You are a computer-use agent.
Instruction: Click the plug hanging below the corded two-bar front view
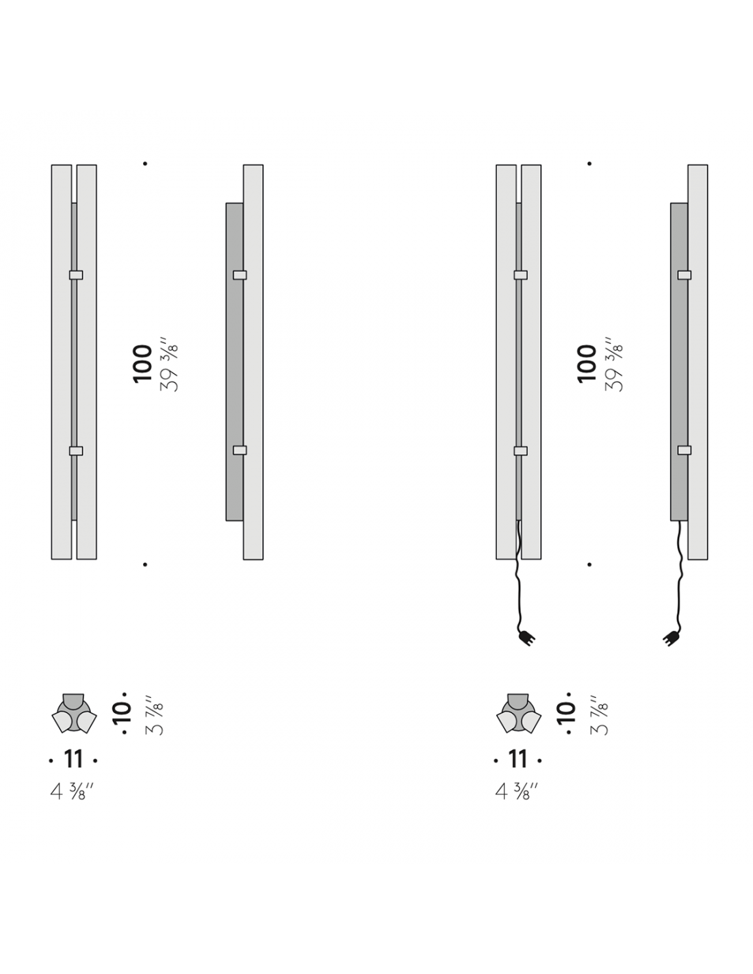[x=527, y=638]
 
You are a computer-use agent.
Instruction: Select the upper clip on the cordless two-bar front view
[x=76, y=275]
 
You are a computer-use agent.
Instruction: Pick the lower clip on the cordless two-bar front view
[x=76, y=451]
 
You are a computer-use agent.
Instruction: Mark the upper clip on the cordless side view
[x=240, y=275]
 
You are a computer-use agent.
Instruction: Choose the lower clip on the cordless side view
[x=240, y=450]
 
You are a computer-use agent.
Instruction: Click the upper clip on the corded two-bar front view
[x=520, y=275]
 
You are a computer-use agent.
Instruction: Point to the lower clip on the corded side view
[x=684, y=450]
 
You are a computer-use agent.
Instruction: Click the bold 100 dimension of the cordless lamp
[x=143, y=364]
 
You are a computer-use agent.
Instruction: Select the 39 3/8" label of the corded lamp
[x=613, y=364]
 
